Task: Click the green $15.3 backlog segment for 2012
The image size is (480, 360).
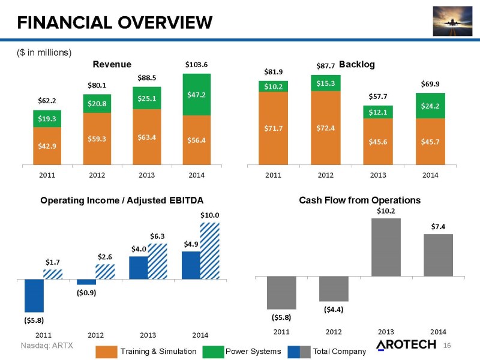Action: click(x=325, y=83)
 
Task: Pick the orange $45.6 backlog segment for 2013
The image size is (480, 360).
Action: click(x=377, y=142)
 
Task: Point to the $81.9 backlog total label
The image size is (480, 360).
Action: click(x=273, y=71)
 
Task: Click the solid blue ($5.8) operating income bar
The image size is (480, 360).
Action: click(x=34, y=295)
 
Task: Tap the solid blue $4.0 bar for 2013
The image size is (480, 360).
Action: click(x=139, y=268)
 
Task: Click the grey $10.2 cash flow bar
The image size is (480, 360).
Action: click(x=386, y=247)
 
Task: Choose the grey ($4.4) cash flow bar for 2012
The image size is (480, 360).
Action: click(x=334, y=289)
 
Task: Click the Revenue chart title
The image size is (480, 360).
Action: click(x=112, y=64)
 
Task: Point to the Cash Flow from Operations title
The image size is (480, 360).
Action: click(x=359, y=200)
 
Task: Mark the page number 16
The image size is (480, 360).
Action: click(x=446, y=345)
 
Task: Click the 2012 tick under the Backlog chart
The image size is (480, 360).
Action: click(x=325, y=175)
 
